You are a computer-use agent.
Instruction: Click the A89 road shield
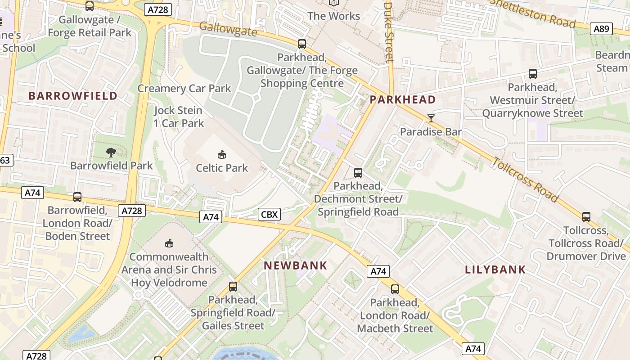[x=601, y=29]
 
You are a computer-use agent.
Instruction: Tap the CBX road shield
[x=270, y=214]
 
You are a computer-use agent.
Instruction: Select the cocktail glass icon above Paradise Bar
[x=431, y=118]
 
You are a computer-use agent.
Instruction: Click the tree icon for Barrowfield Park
[x=111, y=153]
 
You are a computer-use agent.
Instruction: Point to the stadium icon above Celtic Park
[x=222, y=155]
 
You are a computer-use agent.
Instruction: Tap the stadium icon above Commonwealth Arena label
[x=169, y=243]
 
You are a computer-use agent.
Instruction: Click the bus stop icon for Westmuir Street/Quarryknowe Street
[x=533, y=74]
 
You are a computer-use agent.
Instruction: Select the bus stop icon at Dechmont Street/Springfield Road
[x=358, y=172]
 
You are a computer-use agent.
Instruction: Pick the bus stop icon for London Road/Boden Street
[x=77, y=197]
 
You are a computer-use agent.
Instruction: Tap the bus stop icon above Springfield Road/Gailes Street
[x=233, y=287]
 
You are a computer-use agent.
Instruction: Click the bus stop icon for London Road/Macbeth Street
[x=395, y=289]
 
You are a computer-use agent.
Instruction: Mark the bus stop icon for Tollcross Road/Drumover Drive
[x=586, y=217]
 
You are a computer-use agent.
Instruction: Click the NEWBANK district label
[x=296, y=265]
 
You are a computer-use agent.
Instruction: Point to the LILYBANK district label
[x=495, y=270]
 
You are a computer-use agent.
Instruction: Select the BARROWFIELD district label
[x=73, y=96]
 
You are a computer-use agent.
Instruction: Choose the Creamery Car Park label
[x=184, y=89]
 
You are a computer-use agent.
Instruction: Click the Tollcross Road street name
[x=526, y=180]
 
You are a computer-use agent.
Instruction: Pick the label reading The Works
[x=334, y=16]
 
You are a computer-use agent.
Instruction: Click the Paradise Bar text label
[x=431, y=132]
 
